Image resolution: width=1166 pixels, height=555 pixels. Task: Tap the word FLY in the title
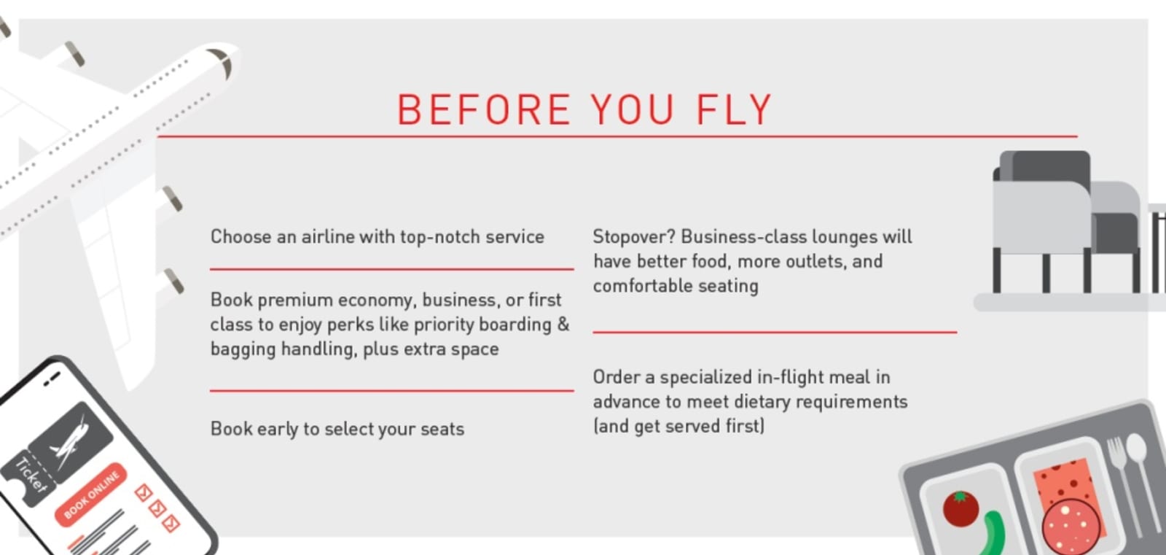[733, 110]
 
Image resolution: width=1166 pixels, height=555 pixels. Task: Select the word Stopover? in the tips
[633, 237]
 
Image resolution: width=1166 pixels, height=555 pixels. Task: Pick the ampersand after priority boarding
[563, 325]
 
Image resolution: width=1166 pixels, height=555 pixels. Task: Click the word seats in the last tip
[442, 429]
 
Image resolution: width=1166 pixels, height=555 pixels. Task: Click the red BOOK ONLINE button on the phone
[91, 494]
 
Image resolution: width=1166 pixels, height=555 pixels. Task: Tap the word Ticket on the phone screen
[31, 475]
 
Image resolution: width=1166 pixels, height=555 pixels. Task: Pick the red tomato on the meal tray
[960, 508]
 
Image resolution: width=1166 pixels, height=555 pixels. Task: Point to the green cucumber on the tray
[993, 535]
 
